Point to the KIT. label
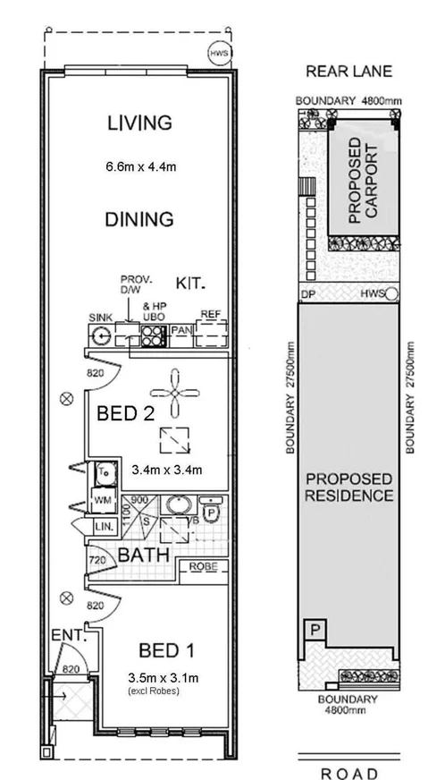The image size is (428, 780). point(191,284)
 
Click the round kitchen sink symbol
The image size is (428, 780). point(102,336)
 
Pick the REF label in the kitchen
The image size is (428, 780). point(210,315)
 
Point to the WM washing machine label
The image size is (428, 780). point(101,502)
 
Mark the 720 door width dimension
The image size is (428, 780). point(97,562)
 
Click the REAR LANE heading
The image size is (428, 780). point(345,71)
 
